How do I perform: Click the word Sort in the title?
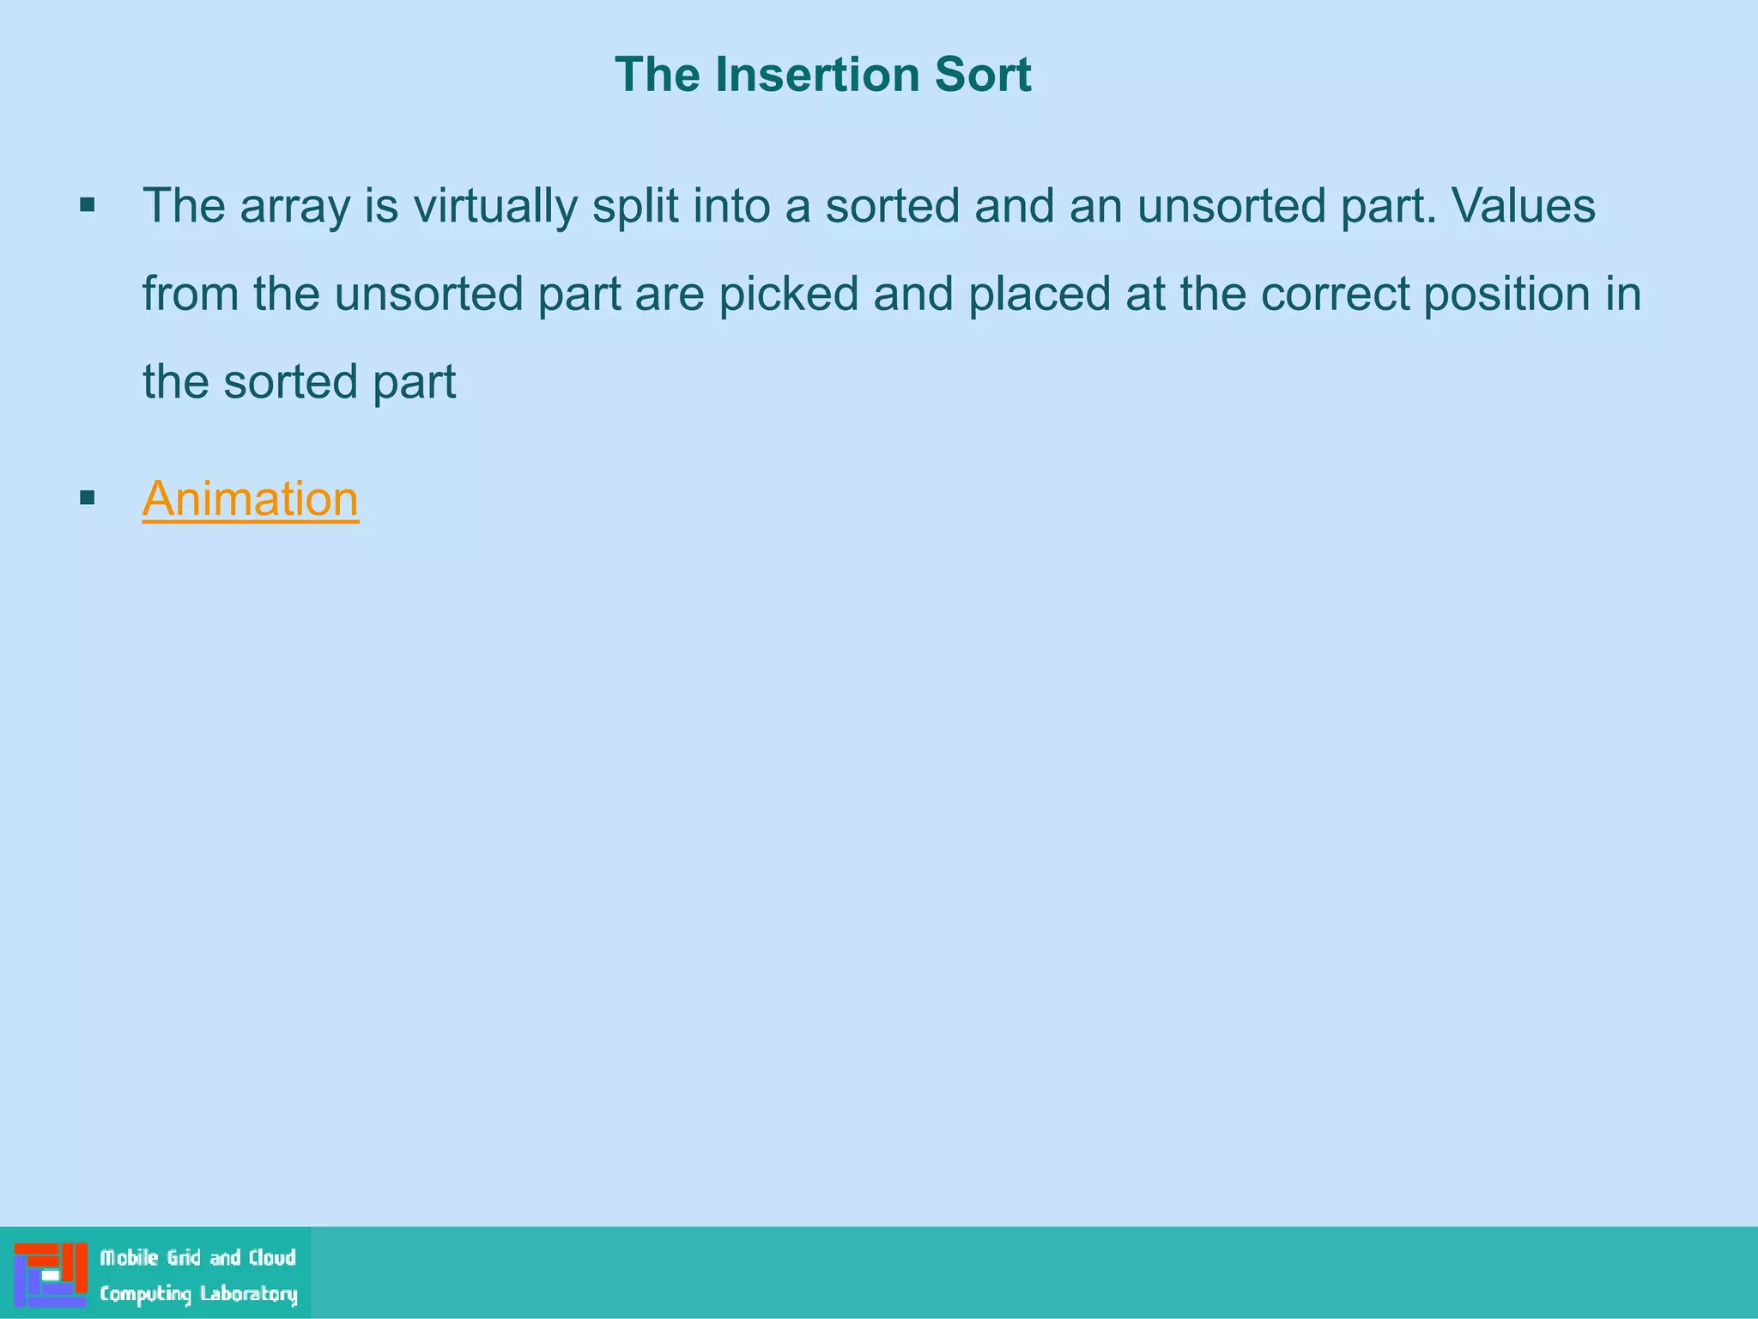pyautogui.click(x=982, y=75)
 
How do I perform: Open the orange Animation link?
pyautogui.click(x=250, y=499)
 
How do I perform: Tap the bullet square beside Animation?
pyautogui.click(x=87, y=498)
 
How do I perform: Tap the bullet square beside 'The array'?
pyautogui.click(x=87, y=205)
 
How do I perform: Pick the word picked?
pyautogui.click(x=788, y=295)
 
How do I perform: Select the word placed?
pyautogui.click(x=1039, y=295)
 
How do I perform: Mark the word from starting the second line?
pyautogui.click(x=190, y=295)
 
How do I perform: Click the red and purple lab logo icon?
pyautogui.click(x=51, y=1274)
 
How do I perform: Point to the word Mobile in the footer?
pyautogui.click(x=130, y=1258)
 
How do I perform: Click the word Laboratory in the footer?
pyautogui.click(x=248, y=1294)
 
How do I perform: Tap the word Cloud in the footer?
pyautogui.click(x=272, y=1258)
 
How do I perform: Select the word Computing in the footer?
pyautogui.click(x=145, y=1294)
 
